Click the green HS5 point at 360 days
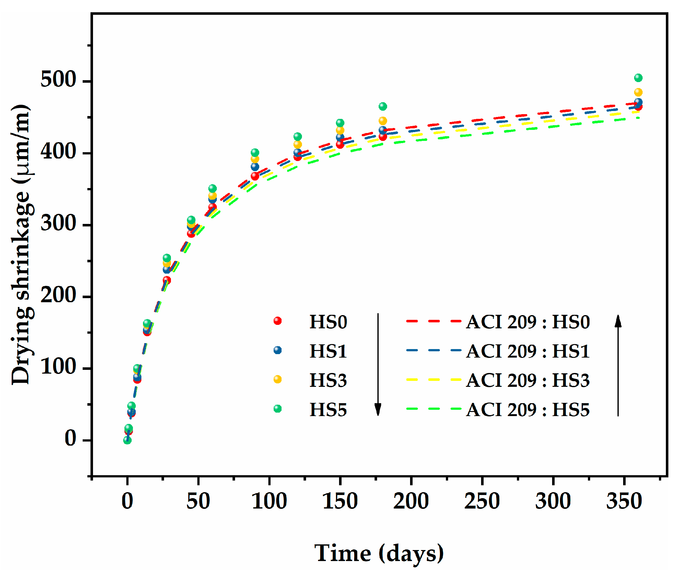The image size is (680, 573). click(638, 78)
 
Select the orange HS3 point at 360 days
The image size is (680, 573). click(638, 92)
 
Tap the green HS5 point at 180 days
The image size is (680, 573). click(383, 107)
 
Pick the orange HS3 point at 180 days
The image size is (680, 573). click(383, 121)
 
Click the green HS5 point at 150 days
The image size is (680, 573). click(340, 123)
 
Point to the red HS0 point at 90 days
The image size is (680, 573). click(255, 176)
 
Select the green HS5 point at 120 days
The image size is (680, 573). click(297, 136)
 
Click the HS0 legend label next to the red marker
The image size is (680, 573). click(328, 322)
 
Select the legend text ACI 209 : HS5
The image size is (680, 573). click(528, 410)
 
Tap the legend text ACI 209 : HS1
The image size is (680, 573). click(528, 352)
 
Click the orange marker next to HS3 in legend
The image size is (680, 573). click(277, 379)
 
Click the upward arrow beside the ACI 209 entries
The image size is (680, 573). click(618, 365)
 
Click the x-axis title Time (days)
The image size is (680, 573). click(379, 554)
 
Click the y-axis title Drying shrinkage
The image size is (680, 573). click(21, 245)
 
